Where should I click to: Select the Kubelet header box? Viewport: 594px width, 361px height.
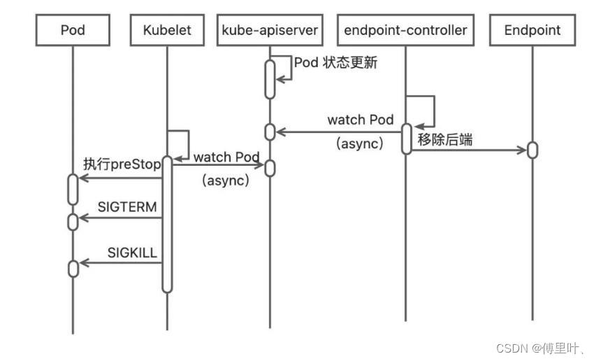click(x=167, y=30)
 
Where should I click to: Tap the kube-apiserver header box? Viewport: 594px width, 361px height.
click(x=270, y=30)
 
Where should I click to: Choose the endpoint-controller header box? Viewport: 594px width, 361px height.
click(x=405, y=30)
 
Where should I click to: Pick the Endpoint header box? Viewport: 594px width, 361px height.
click(x=533, y=30)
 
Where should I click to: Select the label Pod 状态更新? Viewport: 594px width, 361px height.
click(x=335, y=62)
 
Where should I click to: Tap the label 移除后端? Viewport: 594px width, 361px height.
click(x=445, y=140)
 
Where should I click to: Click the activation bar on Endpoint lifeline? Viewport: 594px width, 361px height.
click(x=533, y=150)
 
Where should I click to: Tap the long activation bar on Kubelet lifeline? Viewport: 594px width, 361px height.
click(x=167, y=224)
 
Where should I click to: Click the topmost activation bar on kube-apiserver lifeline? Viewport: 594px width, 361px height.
click(x=270, y=80)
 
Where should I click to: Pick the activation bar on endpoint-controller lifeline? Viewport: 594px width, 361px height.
click(x=406, y=138)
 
